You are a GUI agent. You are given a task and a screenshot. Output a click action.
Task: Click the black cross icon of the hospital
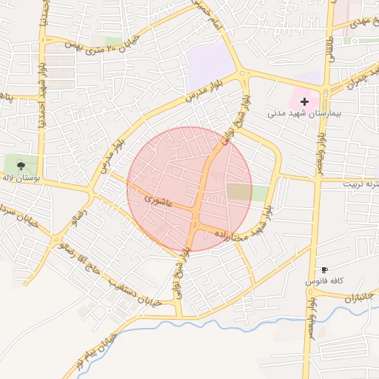[x=304, y=101]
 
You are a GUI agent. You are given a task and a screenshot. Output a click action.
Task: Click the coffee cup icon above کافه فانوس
[x=323, y=270]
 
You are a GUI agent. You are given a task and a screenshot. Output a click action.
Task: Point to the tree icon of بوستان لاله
[x=20, y=165]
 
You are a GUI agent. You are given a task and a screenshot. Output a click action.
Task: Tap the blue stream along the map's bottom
[x=222, y=323]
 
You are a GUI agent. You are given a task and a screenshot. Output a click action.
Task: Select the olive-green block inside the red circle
[x=238, y=192]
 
